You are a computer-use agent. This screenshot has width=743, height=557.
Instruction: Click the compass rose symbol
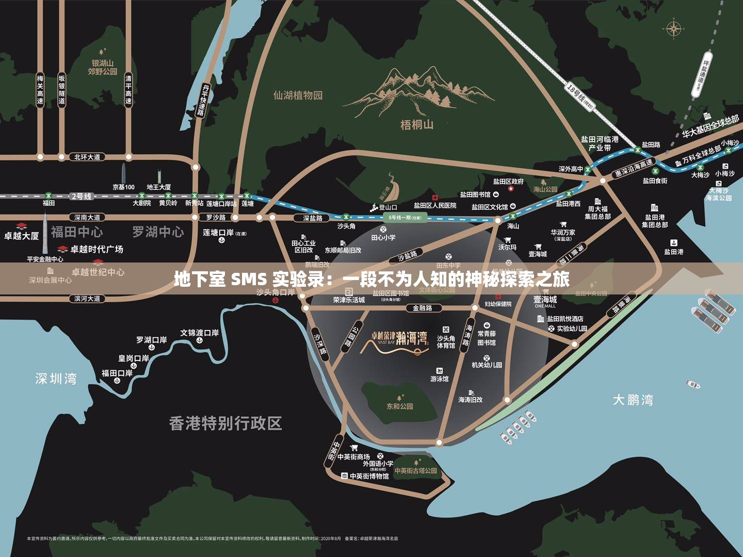673,29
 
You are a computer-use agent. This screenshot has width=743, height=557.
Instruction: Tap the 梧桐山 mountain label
417,125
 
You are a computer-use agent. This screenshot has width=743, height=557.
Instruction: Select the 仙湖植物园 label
298,95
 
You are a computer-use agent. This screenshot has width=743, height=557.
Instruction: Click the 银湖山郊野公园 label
102,67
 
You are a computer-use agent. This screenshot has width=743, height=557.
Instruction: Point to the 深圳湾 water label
56,379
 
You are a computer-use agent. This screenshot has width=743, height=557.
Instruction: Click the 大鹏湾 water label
633,400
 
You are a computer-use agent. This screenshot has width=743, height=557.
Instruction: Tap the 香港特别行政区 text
225,423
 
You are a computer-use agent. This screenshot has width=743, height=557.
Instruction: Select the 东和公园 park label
400,406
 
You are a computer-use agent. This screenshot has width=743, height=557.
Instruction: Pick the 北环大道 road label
87,157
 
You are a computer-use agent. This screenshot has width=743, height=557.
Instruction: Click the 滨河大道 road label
87,299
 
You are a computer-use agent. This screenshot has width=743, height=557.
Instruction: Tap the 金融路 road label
422,308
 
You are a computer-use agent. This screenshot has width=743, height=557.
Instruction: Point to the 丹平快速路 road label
204,101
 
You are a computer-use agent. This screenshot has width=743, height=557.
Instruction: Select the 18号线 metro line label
580,96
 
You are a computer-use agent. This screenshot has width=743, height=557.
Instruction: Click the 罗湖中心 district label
158,232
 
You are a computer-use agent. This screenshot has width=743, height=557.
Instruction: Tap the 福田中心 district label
76,232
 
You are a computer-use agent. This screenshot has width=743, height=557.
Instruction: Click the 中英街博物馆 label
369,476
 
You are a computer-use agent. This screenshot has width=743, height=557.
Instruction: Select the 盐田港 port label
673,252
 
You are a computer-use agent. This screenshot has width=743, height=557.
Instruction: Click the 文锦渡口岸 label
199,333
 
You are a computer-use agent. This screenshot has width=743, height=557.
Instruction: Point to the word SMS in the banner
249,280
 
